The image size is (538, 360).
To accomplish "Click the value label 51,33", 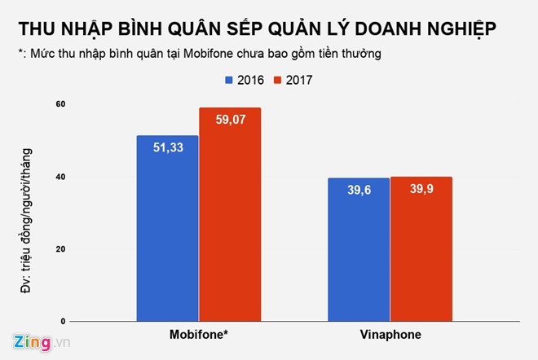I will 168,147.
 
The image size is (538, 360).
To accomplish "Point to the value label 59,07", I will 230,120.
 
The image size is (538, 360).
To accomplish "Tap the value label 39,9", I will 421,189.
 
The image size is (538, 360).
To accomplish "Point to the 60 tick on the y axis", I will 60,104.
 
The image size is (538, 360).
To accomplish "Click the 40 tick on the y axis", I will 60,177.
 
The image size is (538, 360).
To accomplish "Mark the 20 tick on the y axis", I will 60,249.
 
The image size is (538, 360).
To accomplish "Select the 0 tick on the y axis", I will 63,322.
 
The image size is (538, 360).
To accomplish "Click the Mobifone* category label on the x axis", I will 200,336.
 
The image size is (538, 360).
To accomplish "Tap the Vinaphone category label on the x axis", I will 390,336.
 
